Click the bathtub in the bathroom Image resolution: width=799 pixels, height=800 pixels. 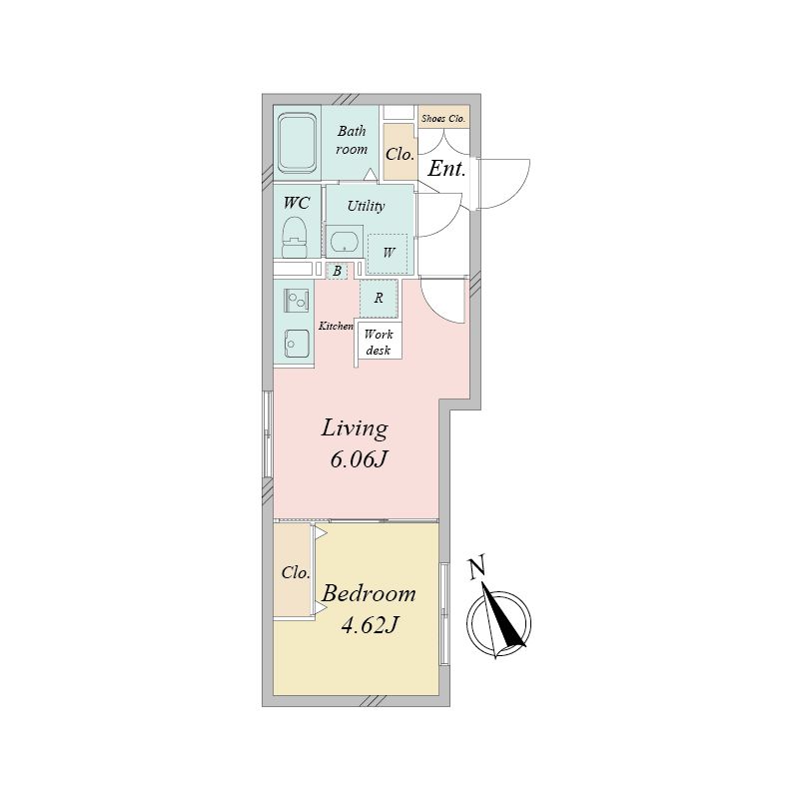298,142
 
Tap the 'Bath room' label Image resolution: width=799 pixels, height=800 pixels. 351,140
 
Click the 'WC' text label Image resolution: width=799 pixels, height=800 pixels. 297,203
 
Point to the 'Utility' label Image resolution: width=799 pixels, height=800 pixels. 366,207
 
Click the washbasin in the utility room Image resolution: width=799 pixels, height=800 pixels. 345,242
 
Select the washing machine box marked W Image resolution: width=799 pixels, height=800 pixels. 388,253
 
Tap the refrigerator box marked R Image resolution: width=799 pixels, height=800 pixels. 380,298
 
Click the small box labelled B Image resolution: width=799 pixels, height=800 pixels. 338,271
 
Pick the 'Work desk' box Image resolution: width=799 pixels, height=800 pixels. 380,343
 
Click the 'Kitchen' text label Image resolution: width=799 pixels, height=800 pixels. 336,327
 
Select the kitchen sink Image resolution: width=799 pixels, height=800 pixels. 296,343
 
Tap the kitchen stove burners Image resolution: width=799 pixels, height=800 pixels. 296,299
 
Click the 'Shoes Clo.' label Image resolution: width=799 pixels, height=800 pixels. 442,119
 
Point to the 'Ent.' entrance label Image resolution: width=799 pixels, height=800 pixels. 446,169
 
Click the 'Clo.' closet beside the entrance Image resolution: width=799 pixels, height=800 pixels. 399,154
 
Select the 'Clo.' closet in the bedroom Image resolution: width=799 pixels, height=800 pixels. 295,573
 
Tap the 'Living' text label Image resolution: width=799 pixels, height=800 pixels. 354,429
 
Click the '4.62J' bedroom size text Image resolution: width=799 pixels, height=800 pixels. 370,626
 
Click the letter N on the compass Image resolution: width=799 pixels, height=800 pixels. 476,566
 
